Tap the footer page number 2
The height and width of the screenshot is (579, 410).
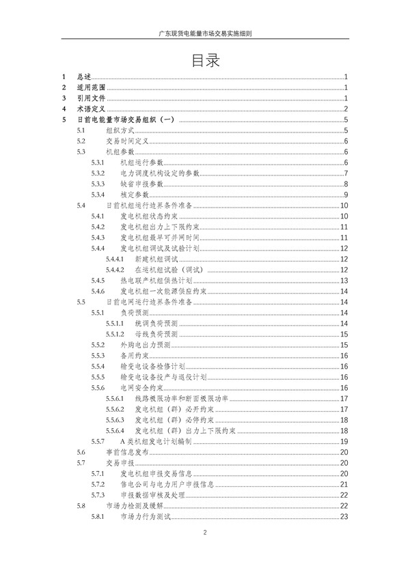click(x=204, y=532)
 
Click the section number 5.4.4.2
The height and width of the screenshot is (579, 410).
click(x=114, y=269)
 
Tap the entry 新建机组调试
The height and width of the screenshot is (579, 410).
click(x=156, y=259)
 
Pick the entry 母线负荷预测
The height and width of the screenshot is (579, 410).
click(x=156, y=334)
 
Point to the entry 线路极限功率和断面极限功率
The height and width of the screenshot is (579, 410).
click(x=182, y=398)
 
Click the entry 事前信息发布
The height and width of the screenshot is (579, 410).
click(x=126, y=451)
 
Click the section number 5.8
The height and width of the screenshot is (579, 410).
click(x=81, y=505)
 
